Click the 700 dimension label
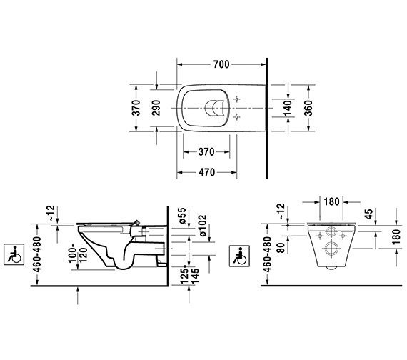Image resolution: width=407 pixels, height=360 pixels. click(x=221, y=64)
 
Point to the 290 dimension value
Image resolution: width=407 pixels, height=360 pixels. click(x=156, y=108)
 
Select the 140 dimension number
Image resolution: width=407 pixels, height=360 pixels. click(x=288, y=108)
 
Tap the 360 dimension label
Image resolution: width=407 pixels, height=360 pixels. click(x=308, y=108)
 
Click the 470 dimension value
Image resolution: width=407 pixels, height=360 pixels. click(x=207, y=172)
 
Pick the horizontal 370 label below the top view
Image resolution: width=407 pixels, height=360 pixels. click(x=206, y=151)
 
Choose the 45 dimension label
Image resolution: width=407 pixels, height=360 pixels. click(x=368, y=214)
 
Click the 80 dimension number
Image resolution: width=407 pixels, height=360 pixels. click(x=281, y=248)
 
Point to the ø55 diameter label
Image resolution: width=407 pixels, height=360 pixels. click(x=182, y=215)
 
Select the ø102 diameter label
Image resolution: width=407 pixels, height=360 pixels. click(x=202, y=226)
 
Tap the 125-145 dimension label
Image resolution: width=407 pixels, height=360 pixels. click(x=190, y=274)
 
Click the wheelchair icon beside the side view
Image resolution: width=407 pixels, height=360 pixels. click(x=14, y=254)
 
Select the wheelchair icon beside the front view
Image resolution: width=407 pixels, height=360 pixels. click(x=239, y=256)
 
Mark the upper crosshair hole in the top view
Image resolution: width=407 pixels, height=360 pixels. click(x=237, y=99)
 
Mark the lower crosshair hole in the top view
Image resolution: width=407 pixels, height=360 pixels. click(x=237, y=117)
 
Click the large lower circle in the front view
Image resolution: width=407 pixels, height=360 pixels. click(x=331, y=249)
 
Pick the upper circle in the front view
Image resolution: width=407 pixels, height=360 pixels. click(x=331, y=231)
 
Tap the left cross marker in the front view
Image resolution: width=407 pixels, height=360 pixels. click(x=319, y=236)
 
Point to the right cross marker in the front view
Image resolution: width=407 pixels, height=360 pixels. click(x=343, y=236)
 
